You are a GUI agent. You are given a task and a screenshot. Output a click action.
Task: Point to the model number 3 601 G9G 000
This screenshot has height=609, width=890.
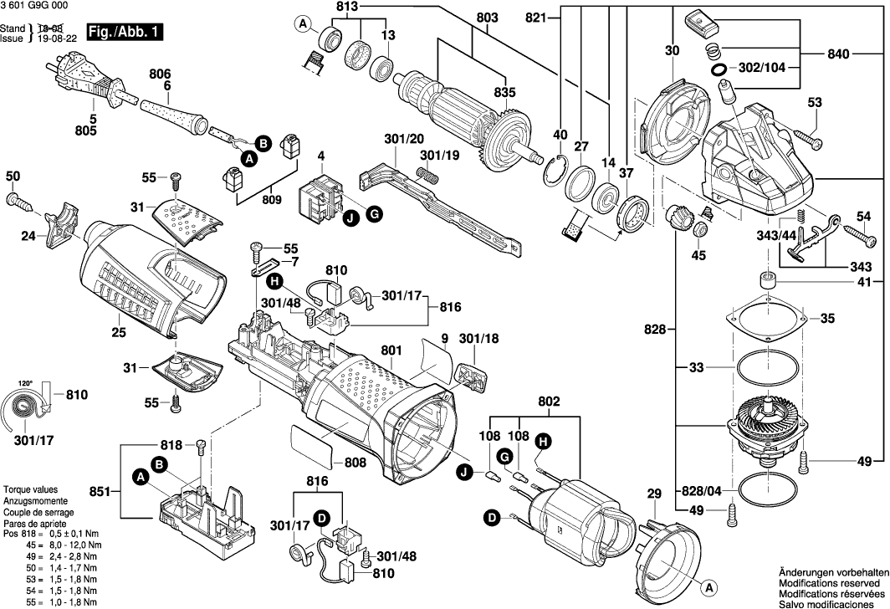pyautogui.click(x=37, y=7)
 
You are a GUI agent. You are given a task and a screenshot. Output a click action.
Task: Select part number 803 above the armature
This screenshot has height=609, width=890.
pyautogui.click(x=486, y=18)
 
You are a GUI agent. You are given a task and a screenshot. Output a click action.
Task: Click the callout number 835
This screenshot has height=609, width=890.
pyautogui.click(x=504, y=93)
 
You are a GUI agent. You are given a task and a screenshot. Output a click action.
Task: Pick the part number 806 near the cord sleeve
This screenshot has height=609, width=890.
pyautogui.click(x=160, y=74)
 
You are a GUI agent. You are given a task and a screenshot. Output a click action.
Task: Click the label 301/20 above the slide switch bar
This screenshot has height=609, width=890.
pyautogui.click(x=404, y=138)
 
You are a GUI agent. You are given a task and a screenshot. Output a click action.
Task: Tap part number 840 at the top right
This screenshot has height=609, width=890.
pyautogui.click(x=838, y=54)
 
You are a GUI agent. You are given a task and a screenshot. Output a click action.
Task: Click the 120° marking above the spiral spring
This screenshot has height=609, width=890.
pyautogui.click(x=27, y=384)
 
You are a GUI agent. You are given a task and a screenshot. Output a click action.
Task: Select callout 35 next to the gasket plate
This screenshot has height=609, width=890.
pyautogui.click(x=826, y=319)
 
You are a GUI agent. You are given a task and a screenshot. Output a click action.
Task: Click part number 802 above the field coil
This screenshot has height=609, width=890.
pyautogui.click(x=548, y=403)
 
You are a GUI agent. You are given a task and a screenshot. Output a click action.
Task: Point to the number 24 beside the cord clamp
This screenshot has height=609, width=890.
pyautogui.click(x=28, y=237)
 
